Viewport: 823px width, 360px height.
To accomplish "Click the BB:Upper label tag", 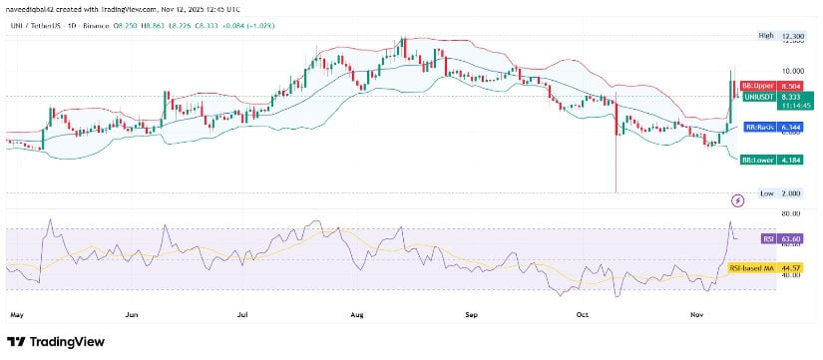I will pos(757,87).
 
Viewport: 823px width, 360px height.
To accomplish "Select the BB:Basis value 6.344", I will pos(791,128).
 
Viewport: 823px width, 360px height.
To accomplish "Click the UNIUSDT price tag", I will pos(757,97).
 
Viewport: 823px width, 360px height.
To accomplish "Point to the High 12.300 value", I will pos(792,36).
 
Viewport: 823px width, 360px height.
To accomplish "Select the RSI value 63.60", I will pos(792,238).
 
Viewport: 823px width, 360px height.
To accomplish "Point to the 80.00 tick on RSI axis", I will pos(792,213).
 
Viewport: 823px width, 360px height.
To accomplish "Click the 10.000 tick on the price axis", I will pos(792,71).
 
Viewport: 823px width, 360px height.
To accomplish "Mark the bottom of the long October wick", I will pos(617,191).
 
